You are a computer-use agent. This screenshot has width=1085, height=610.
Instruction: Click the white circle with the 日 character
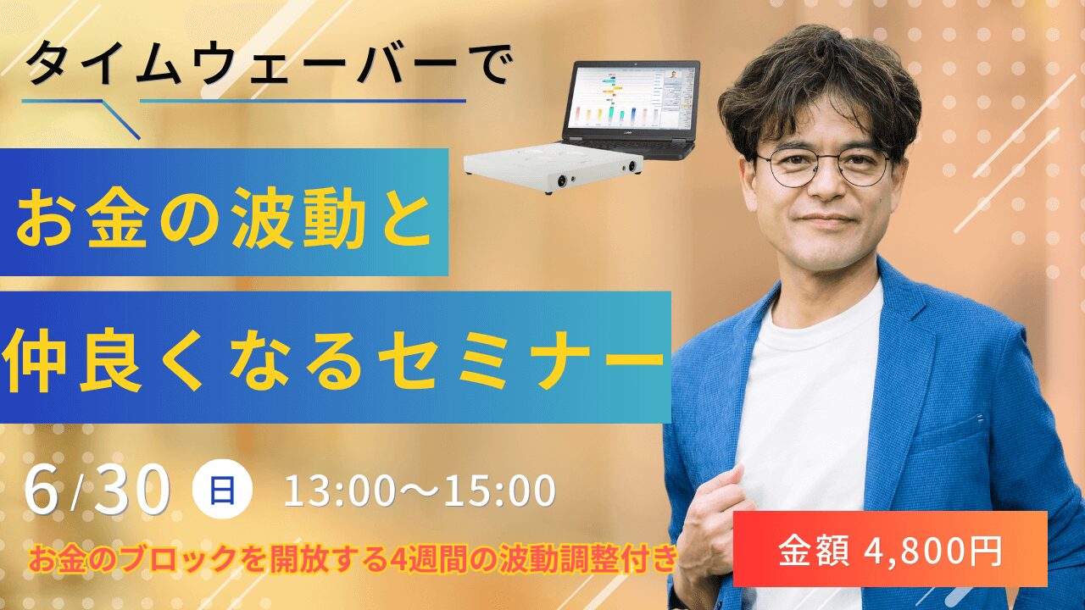pos(222,489)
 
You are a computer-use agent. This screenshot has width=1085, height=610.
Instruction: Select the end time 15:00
pos(500,491)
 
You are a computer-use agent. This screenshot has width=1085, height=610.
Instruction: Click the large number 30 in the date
pos(131,490)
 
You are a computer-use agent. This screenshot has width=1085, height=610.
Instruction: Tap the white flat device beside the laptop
pos(552,167)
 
